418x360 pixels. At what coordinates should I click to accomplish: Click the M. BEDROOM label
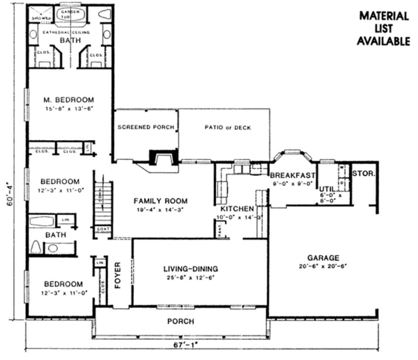[x=69, y=99]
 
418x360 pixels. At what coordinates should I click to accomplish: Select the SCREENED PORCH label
[x=146, y=127]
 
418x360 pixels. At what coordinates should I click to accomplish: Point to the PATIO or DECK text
[x=227, y=127]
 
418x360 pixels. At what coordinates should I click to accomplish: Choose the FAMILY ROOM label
[x=161, y=201]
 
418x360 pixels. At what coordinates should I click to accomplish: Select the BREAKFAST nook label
[x=293, y=175]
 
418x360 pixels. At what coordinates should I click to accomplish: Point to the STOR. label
[x=363, y=173]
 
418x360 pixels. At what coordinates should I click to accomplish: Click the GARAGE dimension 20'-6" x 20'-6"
[x=323, y=266]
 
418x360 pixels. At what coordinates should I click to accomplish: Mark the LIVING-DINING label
[x=191, y=269]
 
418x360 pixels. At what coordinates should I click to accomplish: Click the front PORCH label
[x=181, y=322]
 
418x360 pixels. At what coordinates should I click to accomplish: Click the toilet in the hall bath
[x=36, y=247]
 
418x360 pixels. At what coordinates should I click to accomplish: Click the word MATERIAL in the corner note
[x=384, y=16]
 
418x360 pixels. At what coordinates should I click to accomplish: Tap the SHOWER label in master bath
[x=42, y=18]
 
